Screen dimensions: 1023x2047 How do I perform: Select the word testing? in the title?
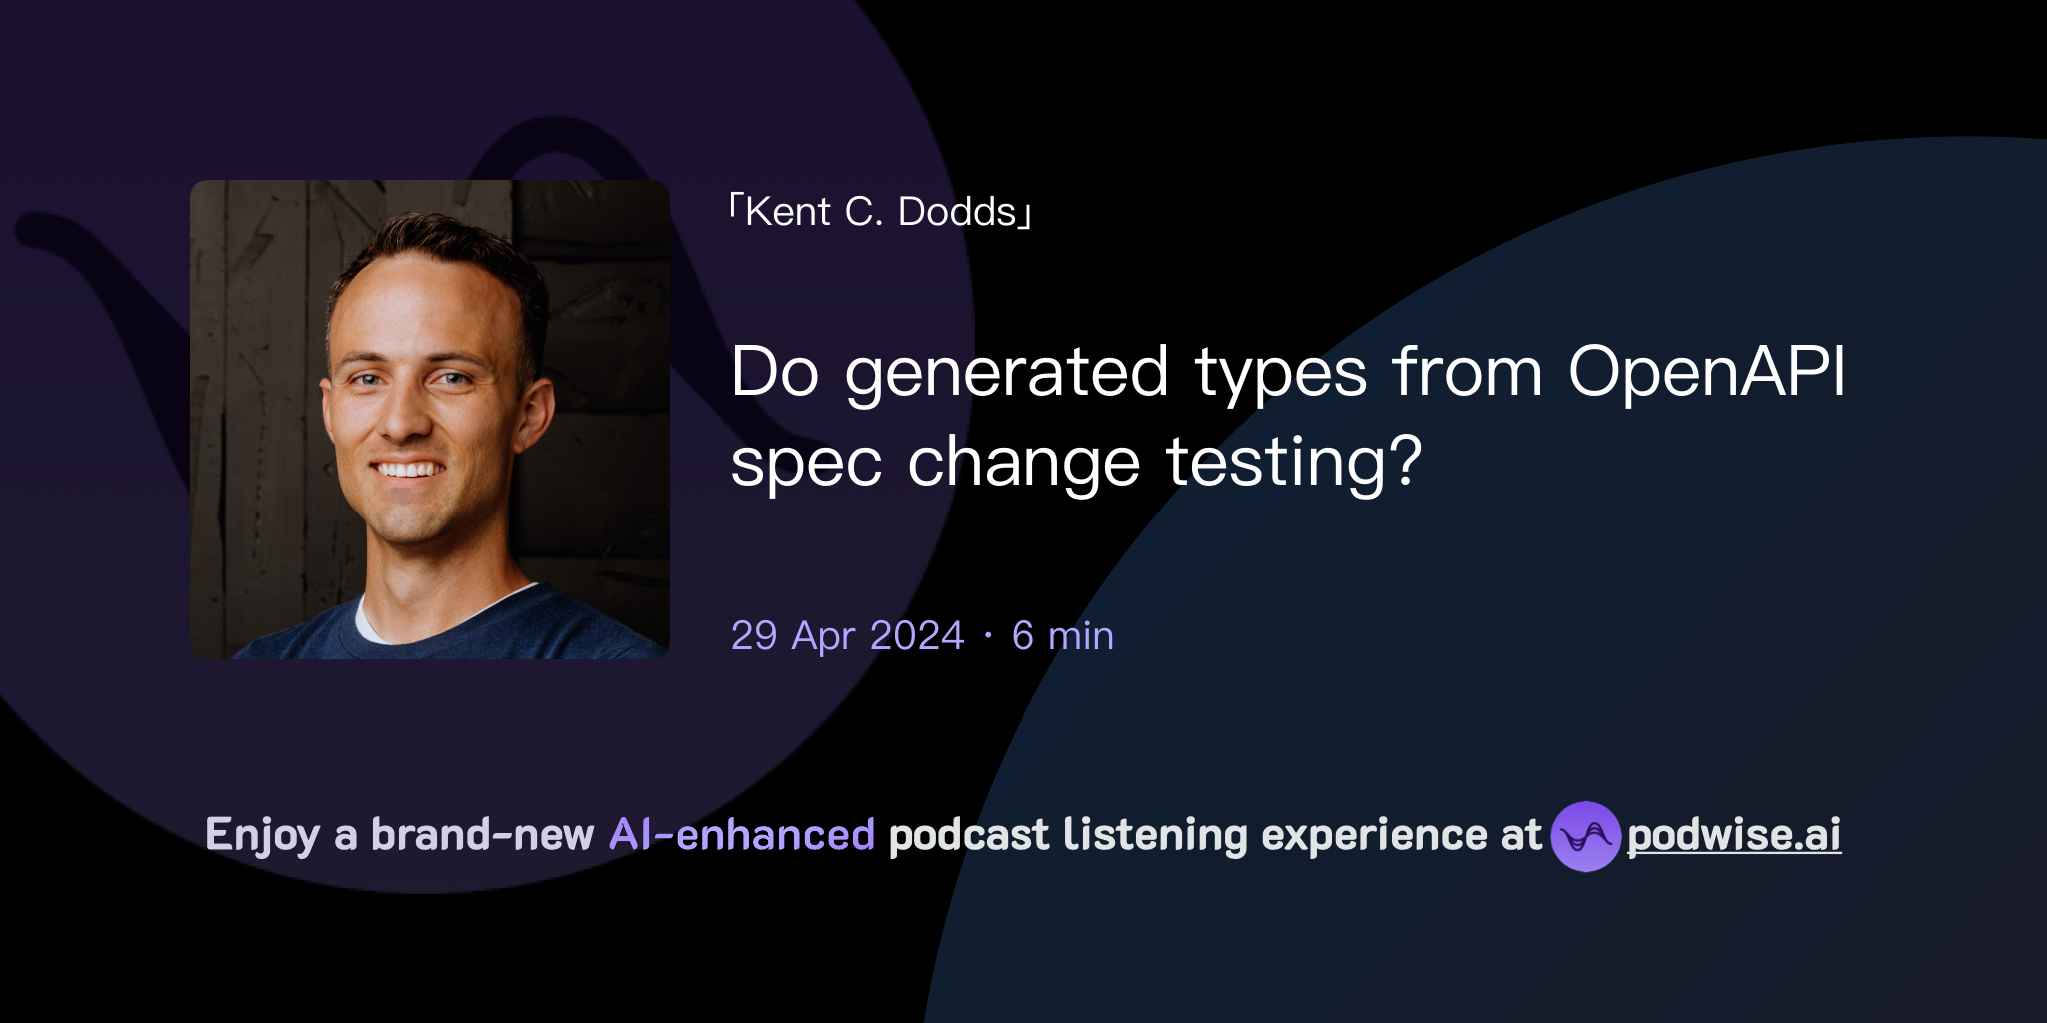(x=1293, y=464)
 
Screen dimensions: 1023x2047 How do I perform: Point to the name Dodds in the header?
(x=957, y=212)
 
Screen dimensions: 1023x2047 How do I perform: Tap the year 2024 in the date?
(x=917, y=636)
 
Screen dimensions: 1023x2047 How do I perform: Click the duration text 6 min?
(x=1062, y=636)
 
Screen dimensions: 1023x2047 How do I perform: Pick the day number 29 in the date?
(x=754, y=636)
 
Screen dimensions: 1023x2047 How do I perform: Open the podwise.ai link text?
(x=1734, y=836)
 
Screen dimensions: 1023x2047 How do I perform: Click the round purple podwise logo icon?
(x=1585, y=836)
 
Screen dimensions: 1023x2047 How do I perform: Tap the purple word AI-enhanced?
(x=742, y=835)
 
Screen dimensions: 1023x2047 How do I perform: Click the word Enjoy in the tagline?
(x=262, y=836)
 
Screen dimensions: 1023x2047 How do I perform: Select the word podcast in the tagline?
(x=969, y=836)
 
